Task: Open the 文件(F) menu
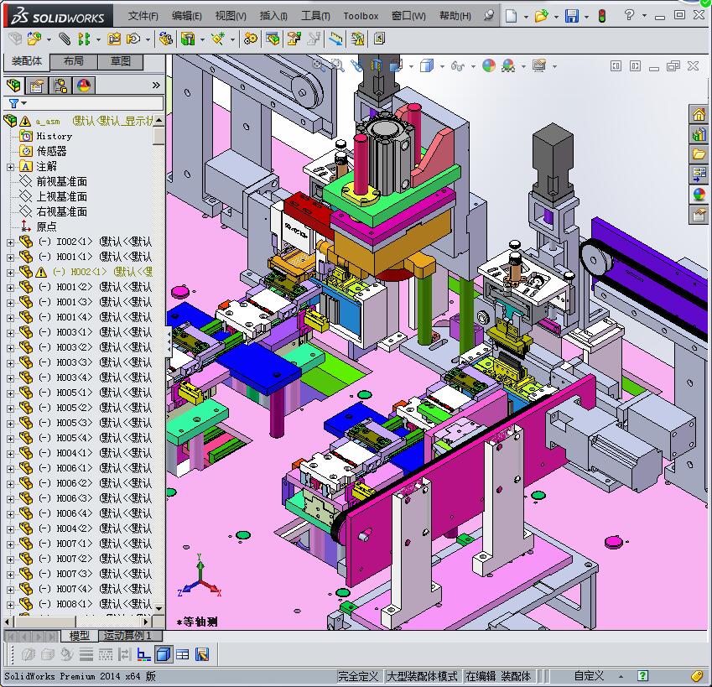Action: pyautogui.click(x=143, y=16)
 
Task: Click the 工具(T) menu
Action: pyautogui.click(x=314, y=16)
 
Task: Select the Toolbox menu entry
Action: pyautogui.click(x=361, y=16)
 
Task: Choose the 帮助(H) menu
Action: pyautogui.click(x=455, y=16)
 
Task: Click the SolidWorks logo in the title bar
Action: pyautogui.click(x=55, y=16)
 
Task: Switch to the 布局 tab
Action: pyautogui.click(x=73, y=62)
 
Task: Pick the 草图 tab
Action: pyautogui.click(x=120, y=62)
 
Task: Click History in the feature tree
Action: pyautogui.click(x=54, y=136)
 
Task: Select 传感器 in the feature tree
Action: pyautogui.click(x=51, y=151)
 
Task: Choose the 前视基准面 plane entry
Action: pyautogui.click(x=61, y=181)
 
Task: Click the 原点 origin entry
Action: pyautogui.click(x=47, y=226)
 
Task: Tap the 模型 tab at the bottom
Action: pyautogui.click(x=80, y=636)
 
